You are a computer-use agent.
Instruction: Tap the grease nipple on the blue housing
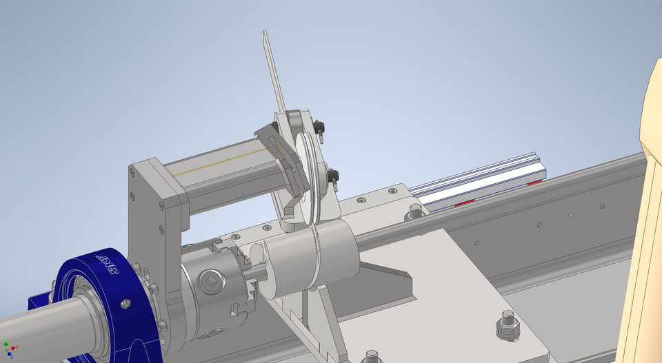pos(126,304)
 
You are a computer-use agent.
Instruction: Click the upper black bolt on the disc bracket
pos(318,127)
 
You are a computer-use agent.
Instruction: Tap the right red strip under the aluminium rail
pos(534,183)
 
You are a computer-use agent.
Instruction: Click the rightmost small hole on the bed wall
pos(603,205)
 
